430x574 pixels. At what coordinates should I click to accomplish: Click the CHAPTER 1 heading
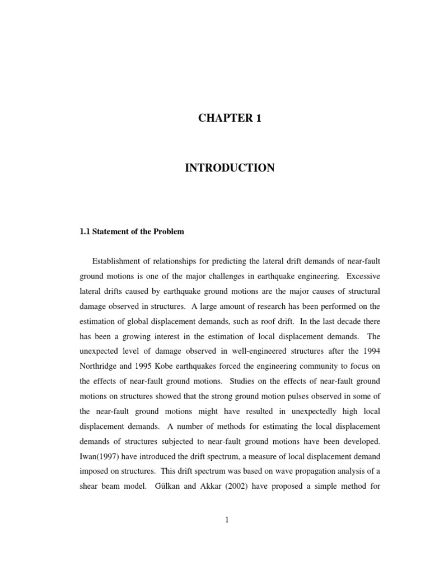(230, 118)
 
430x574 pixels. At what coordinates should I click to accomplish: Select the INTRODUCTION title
(230, 168)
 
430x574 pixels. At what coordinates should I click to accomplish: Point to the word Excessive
(364, 276)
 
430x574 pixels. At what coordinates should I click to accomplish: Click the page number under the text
(227, 520)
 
